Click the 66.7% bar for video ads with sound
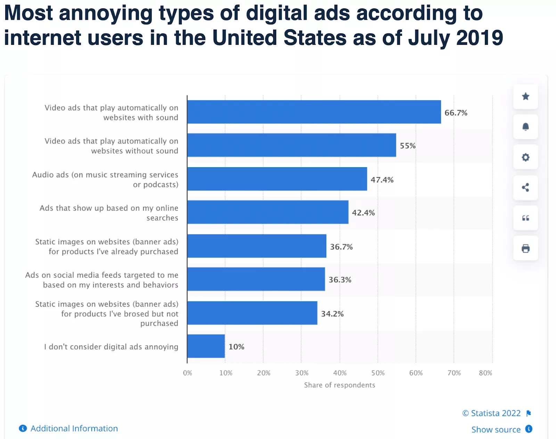click(x=314, y=112)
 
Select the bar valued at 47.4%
click(x=277, y=179)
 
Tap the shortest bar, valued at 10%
click(x=206, y=346)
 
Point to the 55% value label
click(x=408, y=146)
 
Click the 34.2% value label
click(x=332, y=314)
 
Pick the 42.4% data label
click(x=363, y=213)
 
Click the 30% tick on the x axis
click(x=302, y=373)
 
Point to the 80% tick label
click(x=485, y=373)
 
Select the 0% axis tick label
click(x=188, y=373)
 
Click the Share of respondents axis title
click(x=340, y=385)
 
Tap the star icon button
click(x=525, y=96)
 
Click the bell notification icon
click(x=525, y=127)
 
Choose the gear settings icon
click(x=525, y=157)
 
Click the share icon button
click(x=525, y=188)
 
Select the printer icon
click(x=525, y=248)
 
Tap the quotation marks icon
click(x=525, y=218)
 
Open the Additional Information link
click(x=74, y=429)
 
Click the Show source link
click(x=496, y=430)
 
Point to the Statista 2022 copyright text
click(x=492, y=413)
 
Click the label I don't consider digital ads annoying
click(x=111, y=347)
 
